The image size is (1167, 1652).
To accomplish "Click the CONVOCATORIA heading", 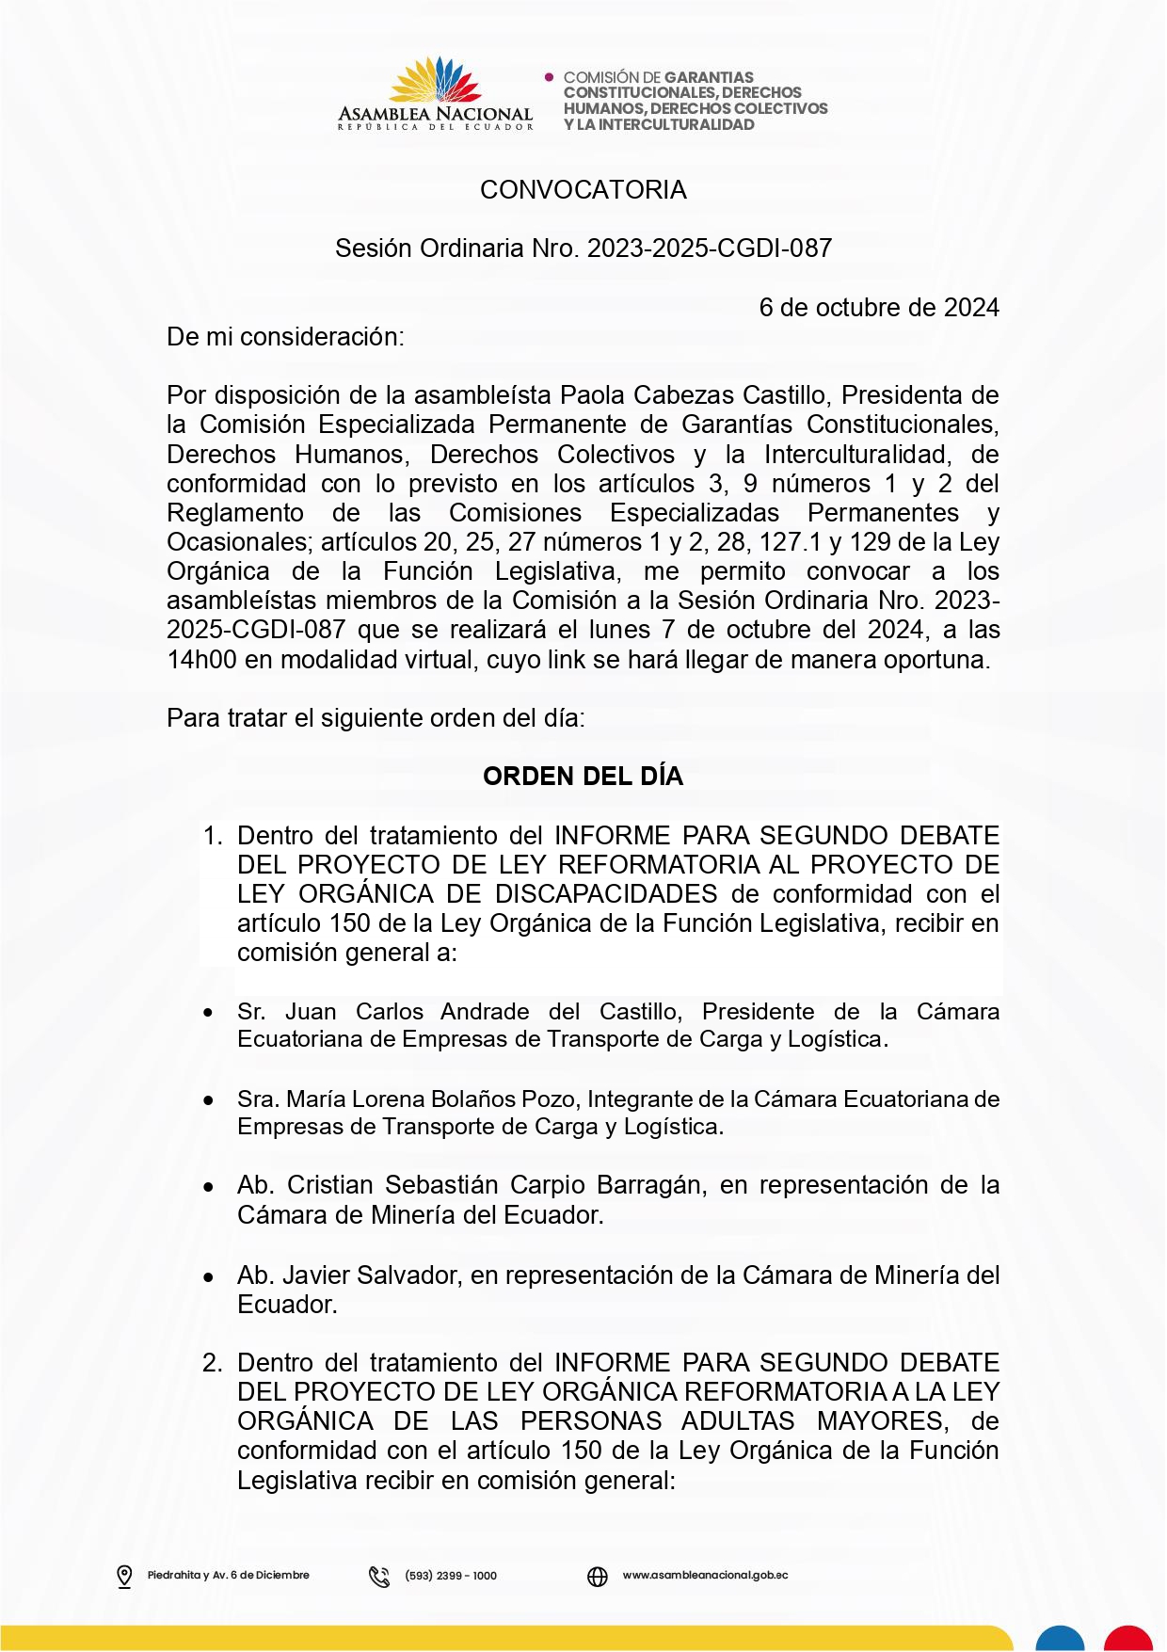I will coord(583,190).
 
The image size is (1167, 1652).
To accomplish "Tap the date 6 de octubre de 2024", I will coord(878,308).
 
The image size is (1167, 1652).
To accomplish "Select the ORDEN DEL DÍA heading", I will coord(583,777).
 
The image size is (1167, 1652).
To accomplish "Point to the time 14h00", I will coord(201,660).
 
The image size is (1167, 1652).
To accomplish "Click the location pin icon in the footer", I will coord(124,1576).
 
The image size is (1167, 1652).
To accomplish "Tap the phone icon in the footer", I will coord(379,1576).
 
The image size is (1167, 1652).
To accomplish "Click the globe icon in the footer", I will coord(598,1576).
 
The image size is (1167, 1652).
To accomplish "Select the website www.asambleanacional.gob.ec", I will coord(705,1576).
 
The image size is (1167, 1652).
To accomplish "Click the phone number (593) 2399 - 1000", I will coord(451,1576).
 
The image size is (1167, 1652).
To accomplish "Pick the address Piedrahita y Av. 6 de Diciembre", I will coord(228,1576).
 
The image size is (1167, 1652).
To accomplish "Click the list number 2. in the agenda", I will coord(213,1363).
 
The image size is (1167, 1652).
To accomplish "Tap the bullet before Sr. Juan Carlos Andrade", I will coord(209,1013).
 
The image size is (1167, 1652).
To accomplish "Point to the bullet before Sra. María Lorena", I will coord(209,1100).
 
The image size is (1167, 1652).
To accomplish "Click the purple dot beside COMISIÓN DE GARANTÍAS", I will coord(550,77).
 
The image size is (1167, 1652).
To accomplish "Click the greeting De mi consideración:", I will coord(285,337).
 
